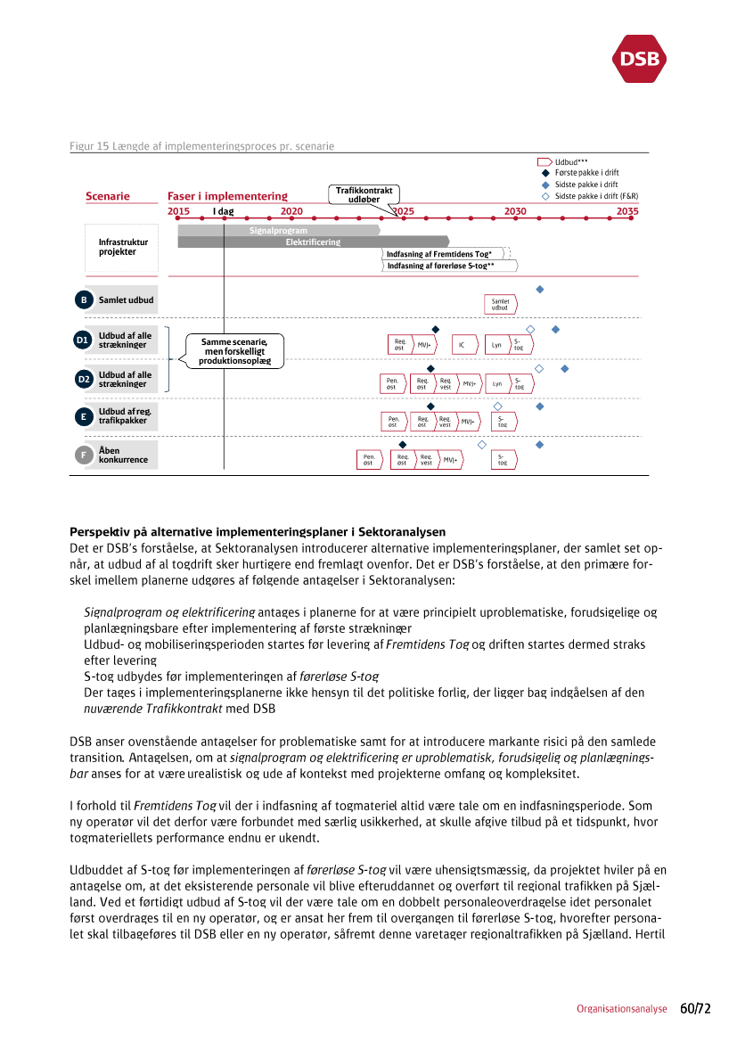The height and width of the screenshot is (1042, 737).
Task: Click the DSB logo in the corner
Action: point(639,59)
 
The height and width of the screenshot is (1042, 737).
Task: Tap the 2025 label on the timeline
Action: point(403,211)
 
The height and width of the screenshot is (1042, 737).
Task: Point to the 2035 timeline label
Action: point(627,211)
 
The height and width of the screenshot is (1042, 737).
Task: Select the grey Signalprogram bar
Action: point(278,231)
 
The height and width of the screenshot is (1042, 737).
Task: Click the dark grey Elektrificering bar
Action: point(313,242)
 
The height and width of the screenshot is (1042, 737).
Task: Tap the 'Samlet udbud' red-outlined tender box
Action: point(500,304)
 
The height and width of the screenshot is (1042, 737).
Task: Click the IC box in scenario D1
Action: point(462,345)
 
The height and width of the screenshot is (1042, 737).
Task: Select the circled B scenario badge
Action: point(83,300)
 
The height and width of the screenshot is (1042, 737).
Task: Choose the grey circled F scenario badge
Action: point(83,455)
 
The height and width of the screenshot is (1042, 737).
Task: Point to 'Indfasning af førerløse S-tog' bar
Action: point(450,266)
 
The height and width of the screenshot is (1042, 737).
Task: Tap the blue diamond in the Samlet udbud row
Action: point(539,290)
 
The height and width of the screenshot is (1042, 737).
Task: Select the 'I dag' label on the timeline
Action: point(223,211)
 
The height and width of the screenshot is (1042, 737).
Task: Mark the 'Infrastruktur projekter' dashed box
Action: point(123,247)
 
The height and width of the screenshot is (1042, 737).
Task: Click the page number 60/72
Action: point(695,1009)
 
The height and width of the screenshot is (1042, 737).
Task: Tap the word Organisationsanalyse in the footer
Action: point(621,1010)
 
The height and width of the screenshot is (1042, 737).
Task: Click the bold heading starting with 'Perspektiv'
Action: point(258,531)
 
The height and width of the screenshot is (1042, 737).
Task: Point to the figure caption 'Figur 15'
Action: point(202,146)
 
